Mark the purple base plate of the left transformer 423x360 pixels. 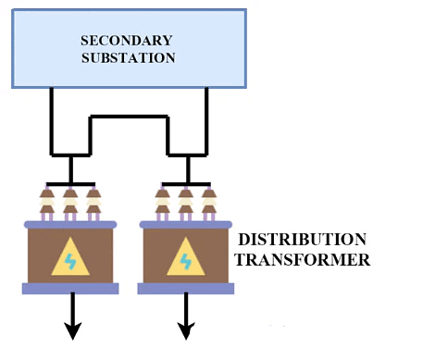tap(70, 289)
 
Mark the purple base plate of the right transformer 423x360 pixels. tap(185, 289)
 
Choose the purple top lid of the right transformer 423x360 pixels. tap(185, 225)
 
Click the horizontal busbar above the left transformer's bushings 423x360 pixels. tap(70, 181)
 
